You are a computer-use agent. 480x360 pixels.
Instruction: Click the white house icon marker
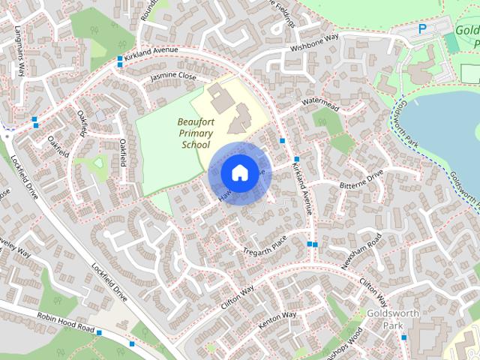tap(238, 172)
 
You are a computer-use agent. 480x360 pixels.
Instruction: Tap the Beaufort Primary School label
tap(194, 133)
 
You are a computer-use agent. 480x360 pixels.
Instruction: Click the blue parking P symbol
tap(422, 29)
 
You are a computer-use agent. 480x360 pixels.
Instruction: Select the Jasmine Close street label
tap(172, 77)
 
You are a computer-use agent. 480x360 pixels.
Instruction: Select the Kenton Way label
tap(277, 317)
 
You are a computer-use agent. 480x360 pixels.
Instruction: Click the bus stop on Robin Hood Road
tap(132, 343)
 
